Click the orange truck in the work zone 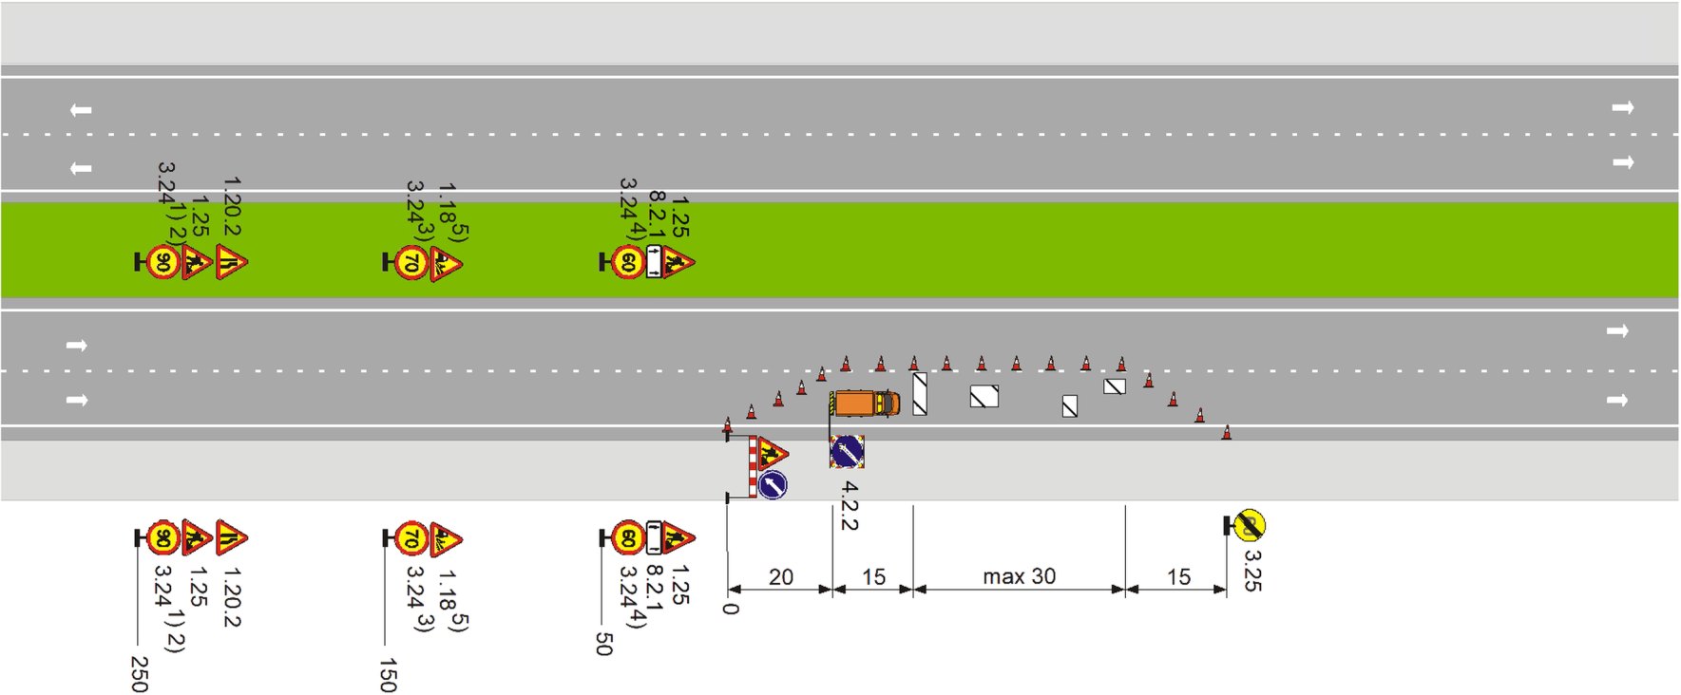(x=864, y=403)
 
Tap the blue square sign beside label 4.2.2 (x=847, y=451)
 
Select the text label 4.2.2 (x=850, y=506)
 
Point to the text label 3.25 (x=1252, y=571)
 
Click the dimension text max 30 (x=1019, y=576)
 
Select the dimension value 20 (x=780, y=577)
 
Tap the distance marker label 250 (x=139, y=674)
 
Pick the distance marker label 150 (x=387, y=675)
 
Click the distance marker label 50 (x=603, y=644)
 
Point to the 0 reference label (x=730, y=608)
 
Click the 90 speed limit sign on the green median (x=163, y=262)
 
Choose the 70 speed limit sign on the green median (x=411, y=262)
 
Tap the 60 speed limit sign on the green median (x=628, y=262)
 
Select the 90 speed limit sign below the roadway (x=163, y=538)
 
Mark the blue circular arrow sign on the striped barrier (x=773, y=485)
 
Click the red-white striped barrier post (x=753, y=467)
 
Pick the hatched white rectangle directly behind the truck (x=920, y=394)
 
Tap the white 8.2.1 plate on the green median (x=654, y=262)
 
